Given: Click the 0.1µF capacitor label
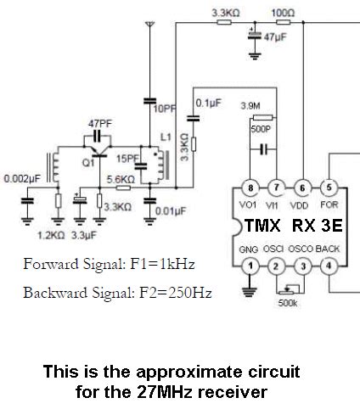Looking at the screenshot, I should [208, 104].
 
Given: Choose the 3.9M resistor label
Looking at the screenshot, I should [250, 105].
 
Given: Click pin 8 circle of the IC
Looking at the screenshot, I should [250, 187].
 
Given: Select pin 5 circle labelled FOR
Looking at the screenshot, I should [330, 187].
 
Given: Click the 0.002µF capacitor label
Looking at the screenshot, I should [19, 180].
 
